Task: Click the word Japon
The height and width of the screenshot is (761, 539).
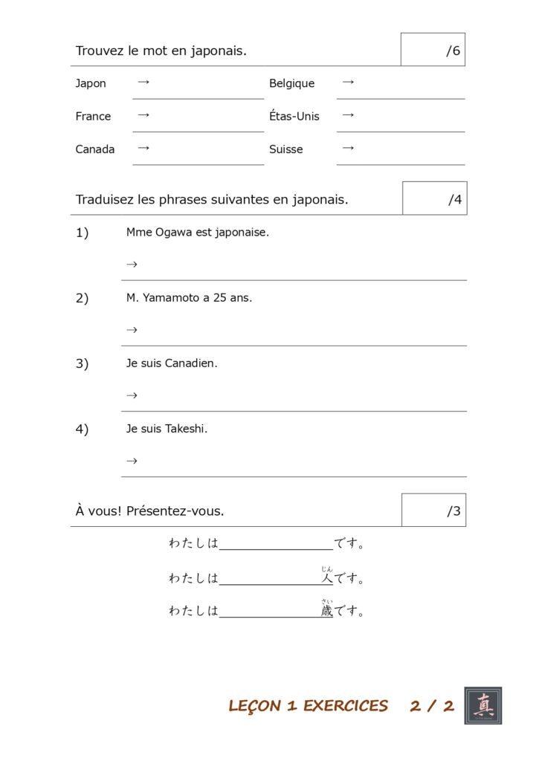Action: click(91, 83)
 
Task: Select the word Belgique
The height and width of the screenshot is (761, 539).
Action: click(291, 84)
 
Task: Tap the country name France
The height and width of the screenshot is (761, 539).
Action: click(93, 116)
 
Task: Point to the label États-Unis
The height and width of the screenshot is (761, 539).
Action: click(294, 116)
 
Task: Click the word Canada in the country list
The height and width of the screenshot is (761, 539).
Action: click(95, 149)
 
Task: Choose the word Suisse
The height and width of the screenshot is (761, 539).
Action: click(286, 149)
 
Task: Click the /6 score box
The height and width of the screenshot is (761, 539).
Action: click(433, 50)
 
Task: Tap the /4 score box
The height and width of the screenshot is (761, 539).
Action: click(434, 198)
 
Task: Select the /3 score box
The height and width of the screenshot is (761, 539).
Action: click(433, 511)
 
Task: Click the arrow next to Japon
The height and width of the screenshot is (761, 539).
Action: click(143, 82)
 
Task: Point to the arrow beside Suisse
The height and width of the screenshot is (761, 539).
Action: click(347, 148)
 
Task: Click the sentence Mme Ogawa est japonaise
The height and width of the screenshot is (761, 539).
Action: click(198, 233)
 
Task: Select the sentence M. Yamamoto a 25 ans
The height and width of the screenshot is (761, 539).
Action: click(189, 298)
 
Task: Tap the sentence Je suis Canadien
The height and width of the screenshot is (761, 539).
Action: click(172, 363)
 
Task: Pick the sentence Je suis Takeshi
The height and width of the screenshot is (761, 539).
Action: click(167, 429)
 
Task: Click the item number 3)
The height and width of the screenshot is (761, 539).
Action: click(82, 364)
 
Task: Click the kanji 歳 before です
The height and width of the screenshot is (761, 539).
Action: click(327, 612)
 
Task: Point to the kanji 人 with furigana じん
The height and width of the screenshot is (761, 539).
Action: click(327, 578)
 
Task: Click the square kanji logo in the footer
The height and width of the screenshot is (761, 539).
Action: click(483, 705)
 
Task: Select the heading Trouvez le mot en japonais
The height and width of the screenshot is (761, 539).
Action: click(161, 51)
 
